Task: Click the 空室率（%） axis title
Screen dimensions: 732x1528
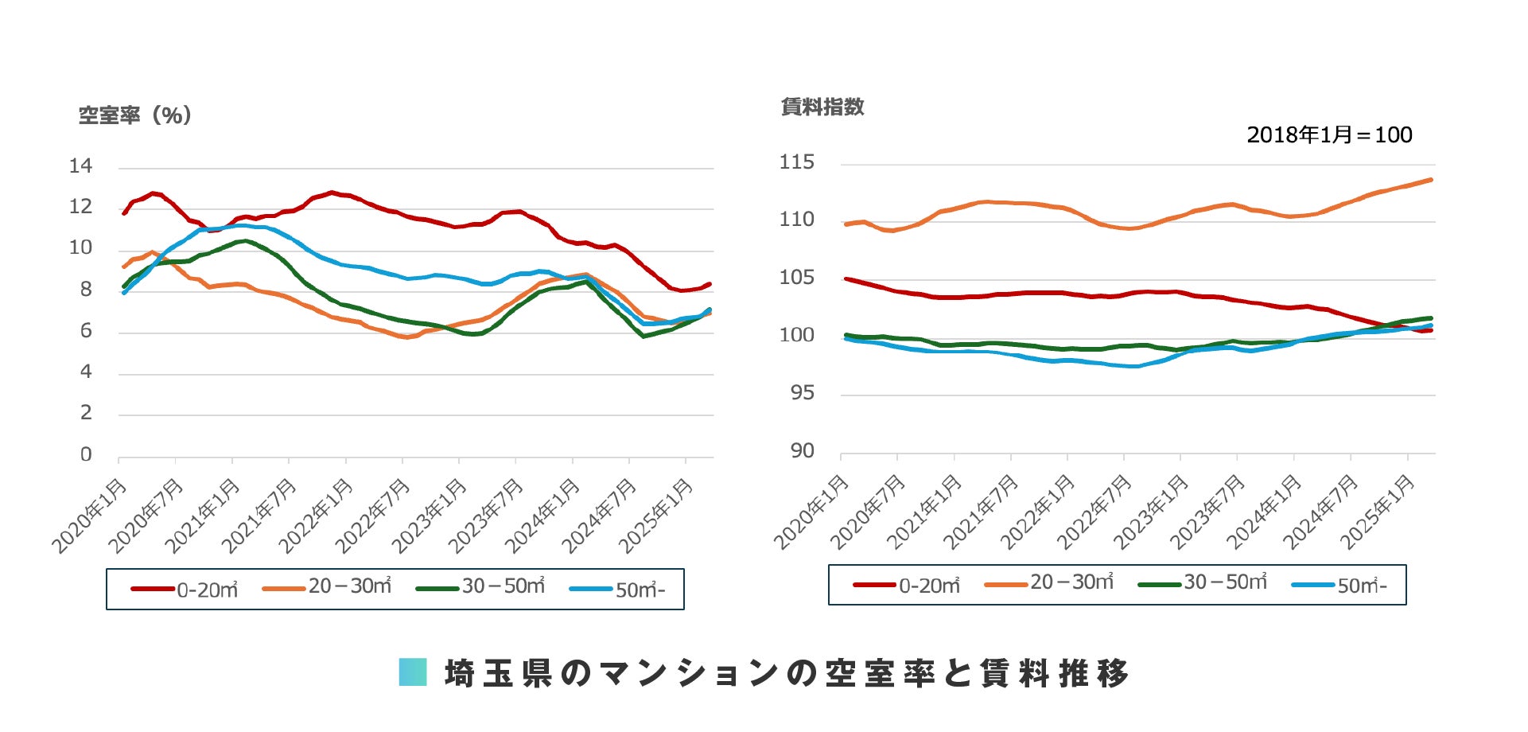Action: pos(134,116)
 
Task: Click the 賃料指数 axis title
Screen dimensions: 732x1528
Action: pos(822,107)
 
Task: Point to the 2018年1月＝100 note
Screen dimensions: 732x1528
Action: pos(1329,135)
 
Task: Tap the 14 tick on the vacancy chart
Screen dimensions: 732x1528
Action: pos(81,166)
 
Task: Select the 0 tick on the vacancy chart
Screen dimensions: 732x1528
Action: pos(86,454)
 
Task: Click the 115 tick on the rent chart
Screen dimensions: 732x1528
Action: pos(797,162)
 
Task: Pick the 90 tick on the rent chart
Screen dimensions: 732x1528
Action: pos(802,451)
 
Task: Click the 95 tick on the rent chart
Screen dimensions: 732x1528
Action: pos(802,393)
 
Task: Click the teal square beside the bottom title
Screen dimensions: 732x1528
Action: pos(413,672)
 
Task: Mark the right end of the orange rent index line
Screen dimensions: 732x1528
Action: pos(1431,180)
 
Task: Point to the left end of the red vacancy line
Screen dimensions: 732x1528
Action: pos(124,213)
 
